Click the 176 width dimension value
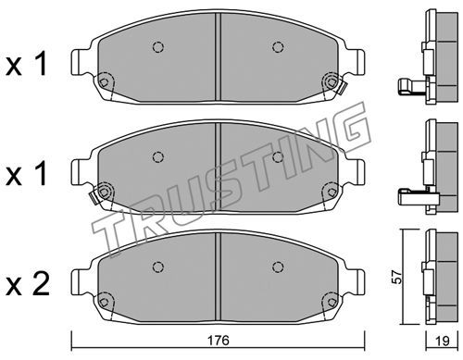click(219, 341)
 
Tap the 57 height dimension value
click(398, 277)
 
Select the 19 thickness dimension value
click(442, 341)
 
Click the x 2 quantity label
click(28, 285)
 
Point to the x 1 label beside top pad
click(27, 64)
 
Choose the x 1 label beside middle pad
click(27, 174)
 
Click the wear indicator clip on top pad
click(344, 87)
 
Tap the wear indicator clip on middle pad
click(93, 197)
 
